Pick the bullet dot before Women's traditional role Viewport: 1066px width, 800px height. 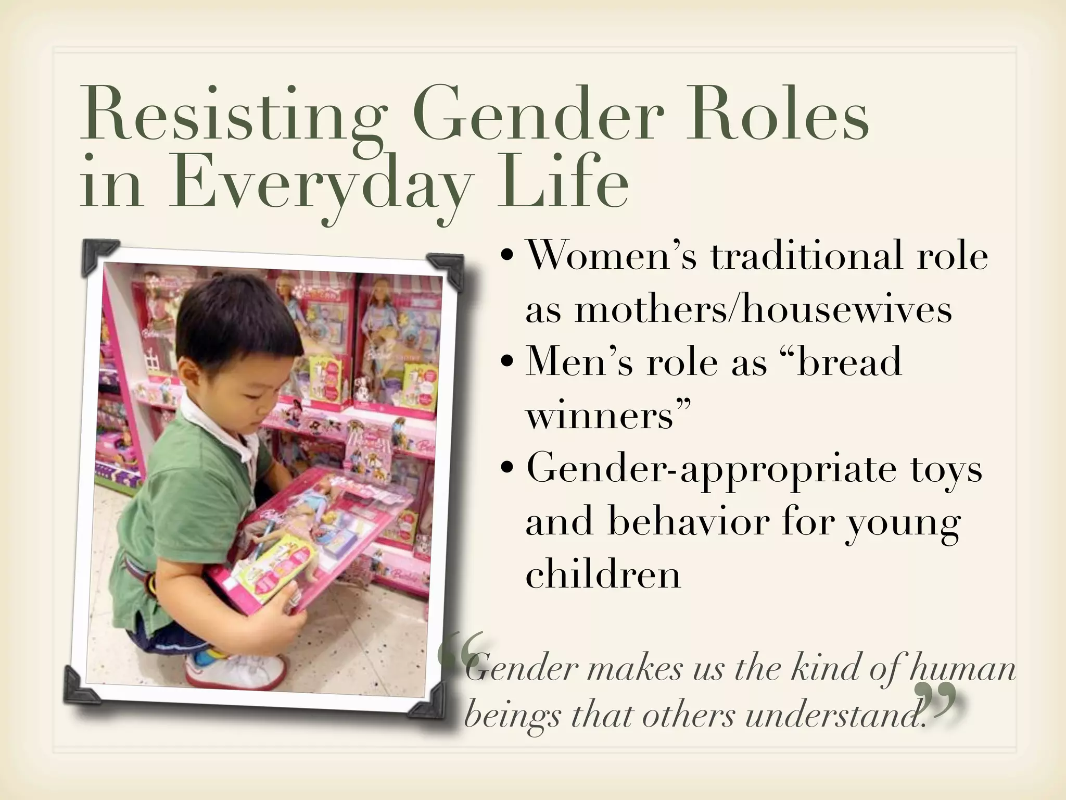click(x=507, y=259)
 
